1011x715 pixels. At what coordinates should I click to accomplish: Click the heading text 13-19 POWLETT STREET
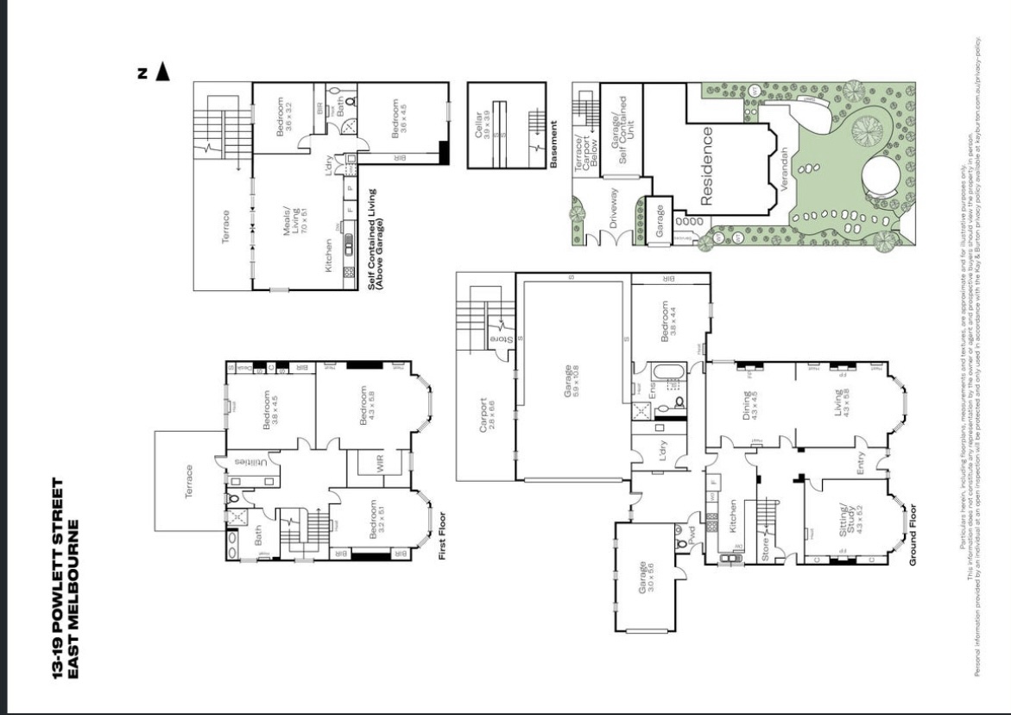[x=59, y=578]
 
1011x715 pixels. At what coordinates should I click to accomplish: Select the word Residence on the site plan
[x=706, y=166]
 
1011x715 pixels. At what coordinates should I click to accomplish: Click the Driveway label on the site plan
[x=615, y=206]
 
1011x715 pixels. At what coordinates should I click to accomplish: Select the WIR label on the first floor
[x=380, y=464]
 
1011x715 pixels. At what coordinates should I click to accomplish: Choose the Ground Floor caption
[x=912, y=536]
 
